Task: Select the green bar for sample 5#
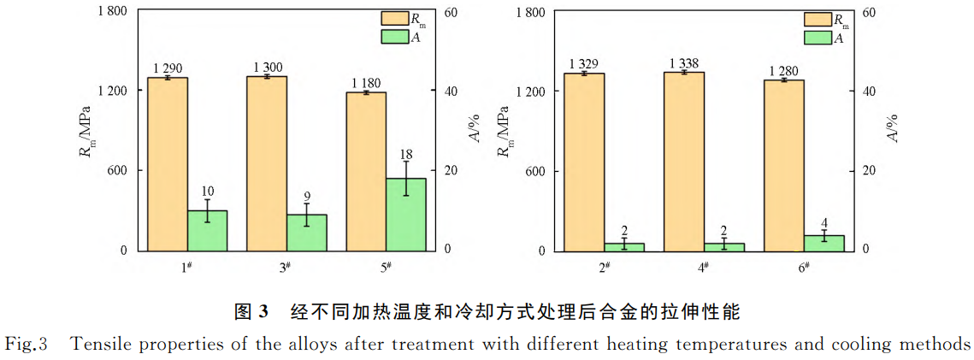pyautogui.click(x=405, y=214)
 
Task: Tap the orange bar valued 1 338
pyautogui.click(x=683, y=161)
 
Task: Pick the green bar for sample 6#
pyautogui.click(x=823, y=243)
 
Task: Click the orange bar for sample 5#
pyautogui.click(x=366, y=171)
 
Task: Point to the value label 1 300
pyautogui.click(x=269, y=68)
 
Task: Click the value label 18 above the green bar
pyautogui.click(x=406, y=155)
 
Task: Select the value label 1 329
pyautogui.click(x=585, y=64)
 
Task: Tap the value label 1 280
pyautogui.click(x=785, y=70)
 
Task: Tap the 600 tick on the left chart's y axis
pyautogui.click(x=116, y=170)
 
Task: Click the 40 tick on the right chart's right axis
pyautogui.click(x=869, y=91)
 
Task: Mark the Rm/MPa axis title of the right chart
pyautogui.click(x=504, y=130)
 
